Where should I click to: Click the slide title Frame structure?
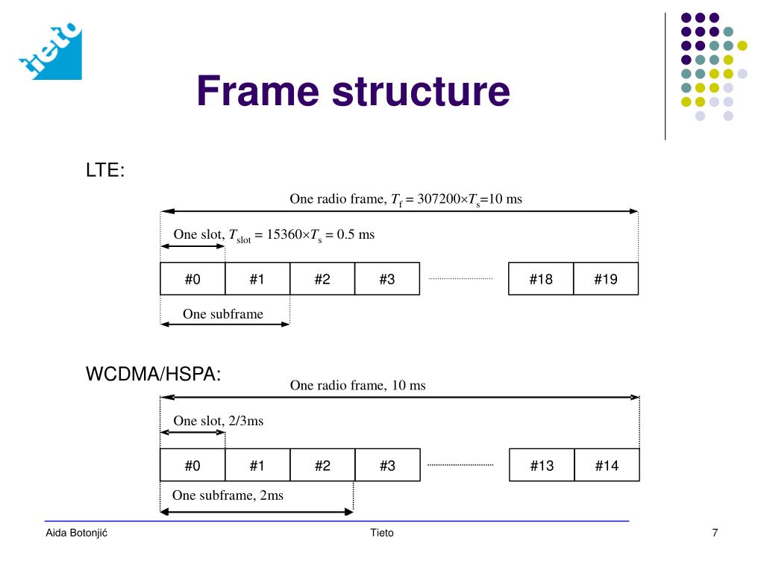coord(353,92)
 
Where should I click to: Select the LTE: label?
coord(105,170)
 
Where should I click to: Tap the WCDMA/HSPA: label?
coord(154,374)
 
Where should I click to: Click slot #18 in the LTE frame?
coord(541,280)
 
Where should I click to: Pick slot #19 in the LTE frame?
coord(606,280)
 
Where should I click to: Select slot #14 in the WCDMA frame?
coord(607,466)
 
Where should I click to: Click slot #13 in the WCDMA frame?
coord(542,466)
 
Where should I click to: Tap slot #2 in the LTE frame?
coord(322,280)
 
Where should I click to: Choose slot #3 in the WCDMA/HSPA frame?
coord(386,466)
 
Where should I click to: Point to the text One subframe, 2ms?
coord(228,495)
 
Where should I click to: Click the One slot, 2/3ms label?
coord(219,421)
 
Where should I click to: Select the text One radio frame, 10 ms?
coord(357,385)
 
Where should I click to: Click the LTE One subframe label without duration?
coord(223,314)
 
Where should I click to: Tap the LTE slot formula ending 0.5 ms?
coord(274,235)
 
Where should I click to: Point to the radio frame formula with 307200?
coord(406,199)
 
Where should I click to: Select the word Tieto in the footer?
coord(381,533)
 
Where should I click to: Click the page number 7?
coord(715,533)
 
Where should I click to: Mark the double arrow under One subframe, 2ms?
coord(257,512)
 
